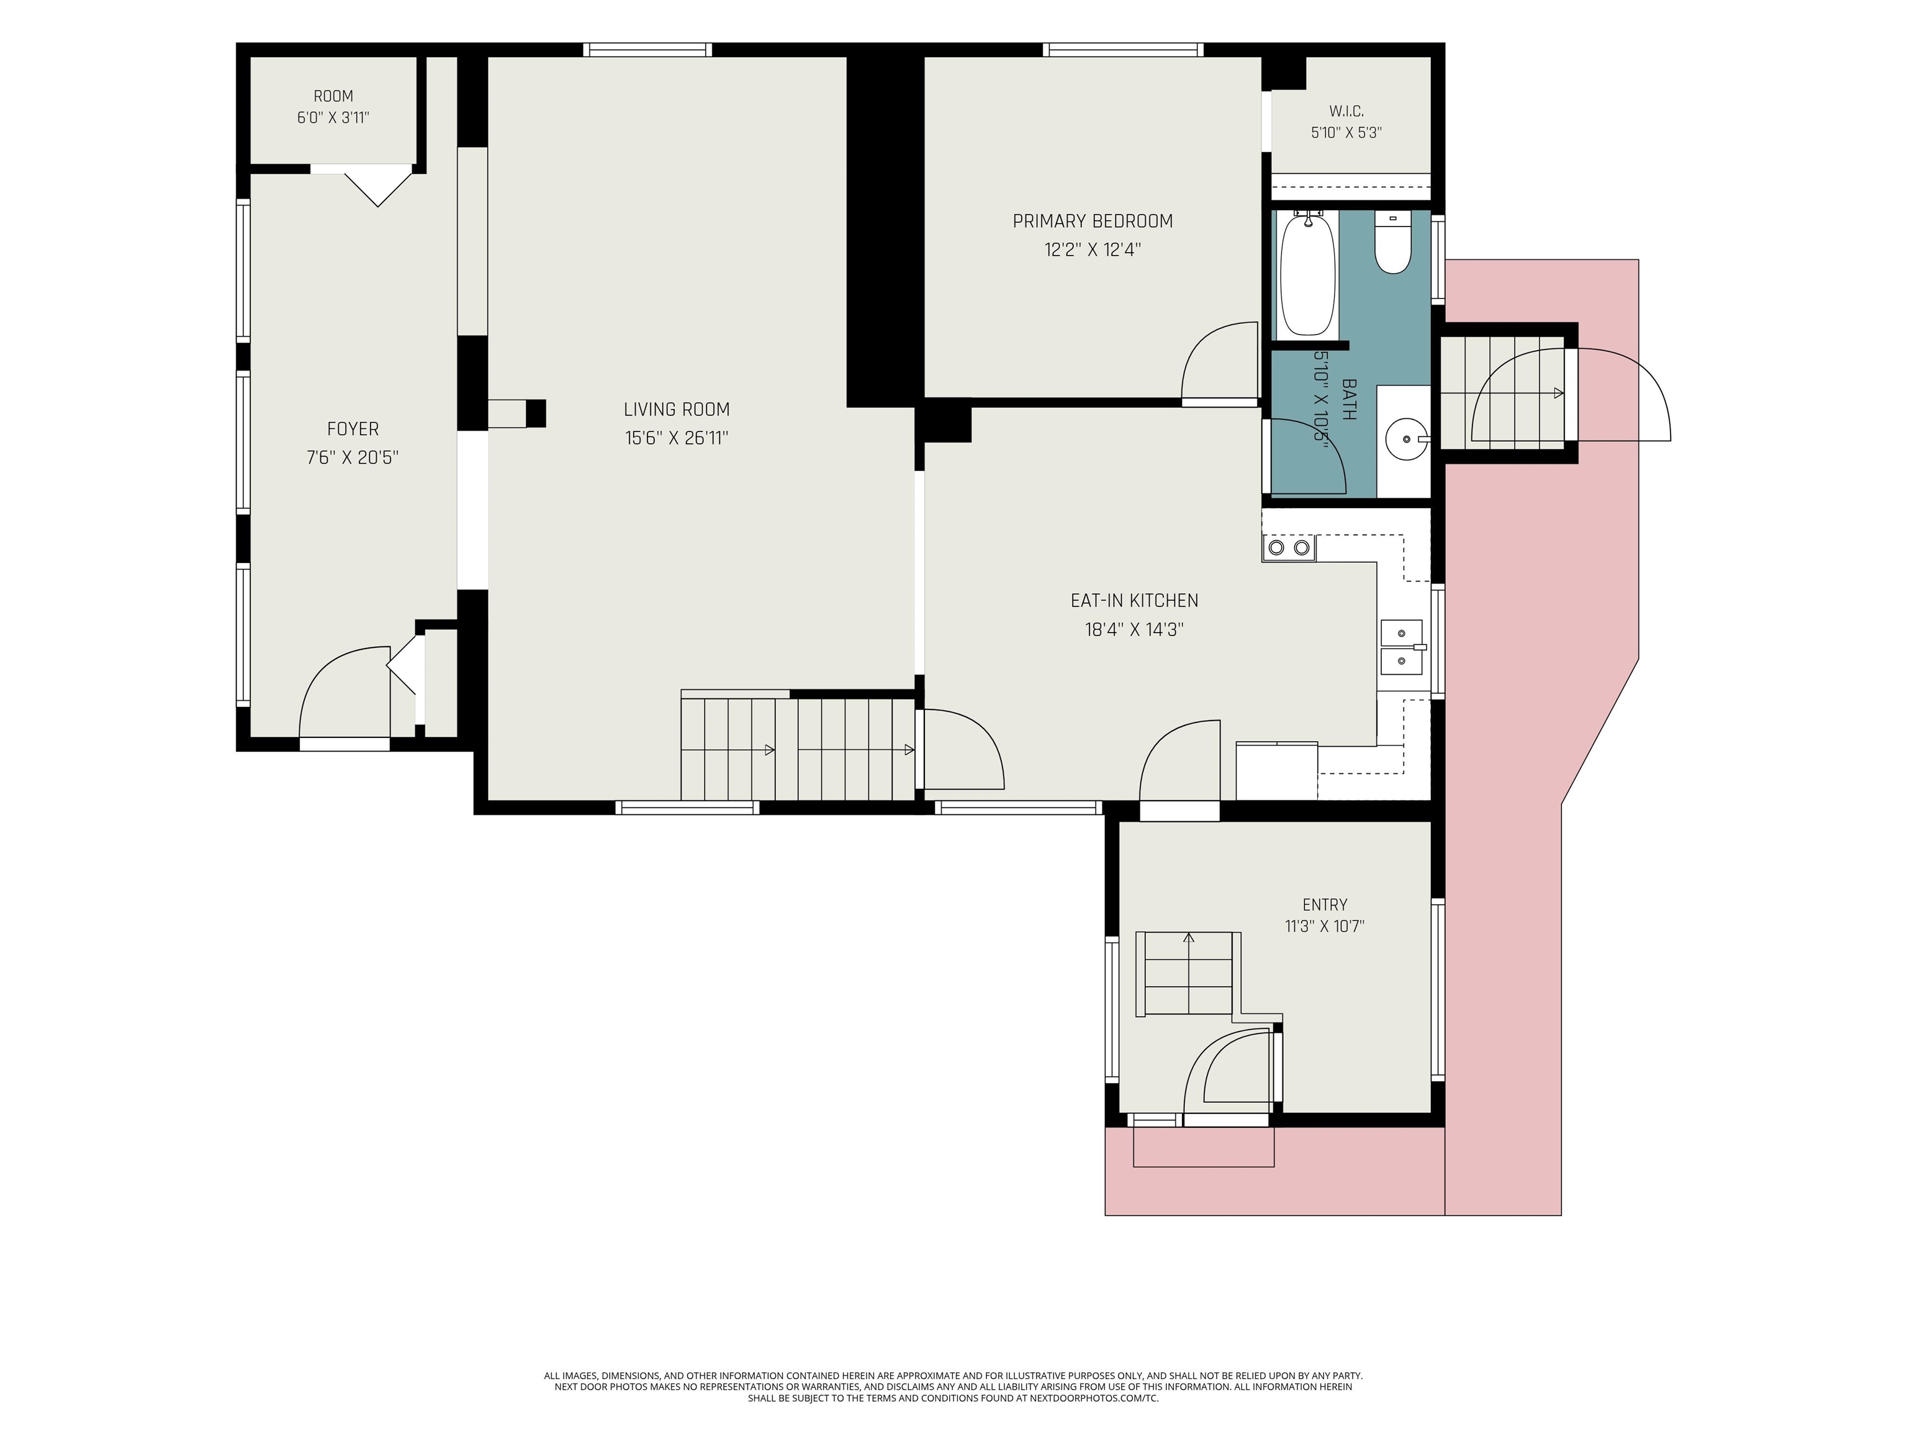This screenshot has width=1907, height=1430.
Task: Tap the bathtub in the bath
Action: pyautogui.click(x=1308, y=273)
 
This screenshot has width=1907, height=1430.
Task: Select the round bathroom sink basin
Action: pyautogui.click(x=1405, y=439)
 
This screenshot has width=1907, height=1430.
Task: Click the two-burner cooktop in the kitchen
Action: pyautogui.click(x=1289, y=548)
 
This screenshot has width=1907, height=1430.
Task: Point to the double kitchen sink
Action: pyautogui.click(x=1401, y=647)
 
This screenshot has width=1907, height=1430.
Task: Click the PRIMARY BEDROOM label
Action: pyautogui.click(x=1093, y=222)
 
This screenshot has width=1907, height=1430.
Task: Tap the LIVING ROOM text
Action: pyautogui.click(x=677, y=410)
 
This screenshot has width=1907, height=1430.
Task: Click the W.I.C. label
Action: pyautogui.click(x=1346, y=111)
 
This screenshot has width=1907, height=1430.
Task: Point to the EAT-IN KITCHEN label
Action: pyautogui.click(x=1135, y=601)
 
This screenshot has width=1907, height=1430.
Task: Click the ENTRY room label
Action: pyautogui.click(x=1325, y=905)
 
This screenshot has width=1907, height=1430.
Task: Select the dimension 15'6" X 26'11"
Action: pyautogui.click(x=677, y=438)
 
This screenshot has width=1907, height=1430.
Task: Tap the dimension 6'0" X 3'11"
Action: pyautogui.click(x=333, y=117)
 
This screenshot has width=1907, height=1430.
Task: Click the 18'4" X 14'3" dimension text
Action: pyautogui.click(x=1135, y=629)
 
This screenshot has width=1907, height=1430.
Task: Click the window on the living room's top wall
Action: pyautogui.click(x=647, y=50)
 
